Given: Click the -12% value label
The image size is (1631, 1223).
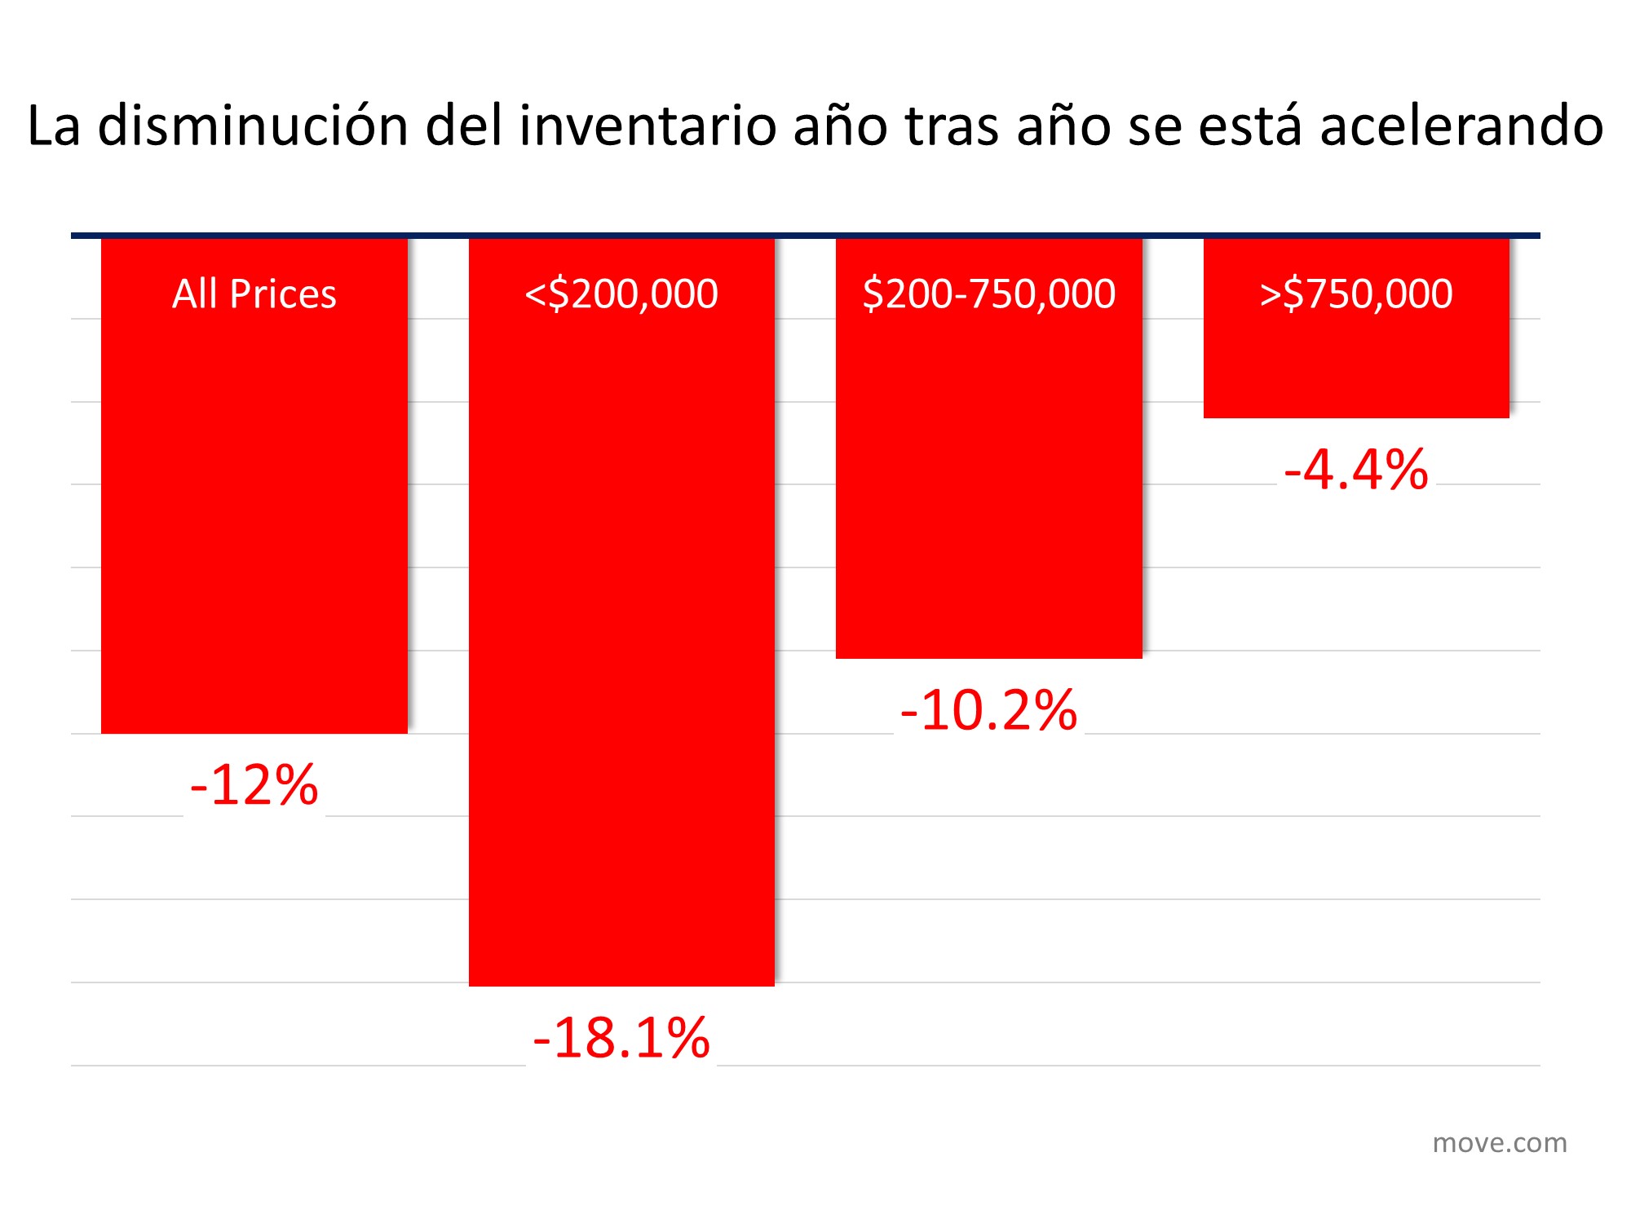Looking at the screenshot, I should click(254, 785).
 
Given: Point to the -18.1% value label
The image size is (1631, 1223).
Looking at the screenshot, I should click(621, 1038).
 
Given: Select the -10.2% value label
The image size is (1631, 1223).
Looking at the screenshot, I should click(988, 709).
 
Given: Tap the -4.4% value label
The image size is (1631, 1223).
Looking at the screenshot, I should click(1355, 470).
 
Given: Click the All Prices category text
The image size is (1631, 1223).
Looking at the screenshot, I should click(254, 294).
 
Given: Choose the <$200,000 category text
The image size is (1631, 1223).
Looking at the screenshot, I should click(621, 294).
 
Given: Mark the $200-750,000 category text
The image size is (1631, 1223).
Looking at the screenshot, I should click(988, 294).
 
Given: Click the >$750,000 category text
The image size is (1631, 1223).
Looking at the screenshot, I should click(1355, 294).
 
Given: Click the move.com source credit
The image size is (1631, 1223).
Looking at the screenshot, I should click(1499, 1143).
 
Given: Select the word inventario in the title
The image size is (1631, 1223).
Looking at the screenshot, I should click(648, 126).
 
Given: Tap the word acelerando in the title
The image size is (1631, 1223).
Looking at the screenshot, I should click(1461, 126).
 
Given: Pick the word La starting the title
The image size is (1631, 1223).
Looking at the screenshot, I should click(54, 126).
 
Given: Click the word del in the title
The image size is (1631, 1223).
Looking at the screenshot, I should click(463, 126).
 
